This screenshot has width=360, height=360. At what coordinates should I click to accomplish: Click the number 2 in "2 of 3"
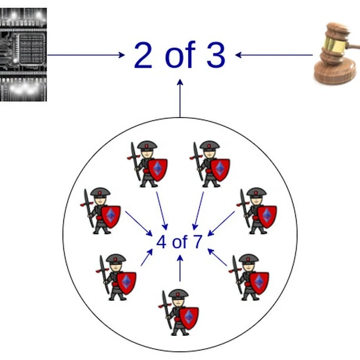tap(144, 55)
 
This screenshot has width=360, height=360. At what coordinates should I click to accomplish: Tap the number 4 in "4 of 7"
tap(161, 242)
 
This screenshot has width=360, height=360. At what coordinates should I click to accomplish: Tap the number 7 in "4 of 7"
tap(197, 242)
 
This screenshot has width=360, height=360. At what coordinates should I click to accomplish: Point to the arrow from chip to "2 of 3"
tap(86, 55)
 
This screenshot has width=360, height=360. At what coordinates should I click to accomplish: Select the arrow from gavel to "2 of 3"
tap(274, 55)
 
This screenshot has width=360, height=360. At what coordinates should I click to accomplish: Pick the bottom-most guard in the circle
tap(181, 311)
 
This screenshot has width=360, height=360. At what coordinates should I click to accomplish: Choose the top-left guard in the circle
tap(149, 164)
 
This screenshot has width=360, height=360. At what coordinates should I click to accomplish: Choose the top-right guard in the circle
tap(211, 164)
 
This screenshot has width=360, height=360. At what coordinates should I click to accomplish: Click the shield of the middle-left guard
tap(111, 216)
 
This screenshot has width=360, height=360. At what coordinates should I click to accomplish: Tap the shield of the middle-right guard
tap(266, 216)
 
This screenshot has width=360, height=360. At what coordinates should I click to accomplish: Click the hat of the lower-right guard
tap(248, 258)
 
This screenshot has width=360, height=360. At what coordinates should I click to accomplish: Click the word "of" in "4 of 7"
tap(179, 242)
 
